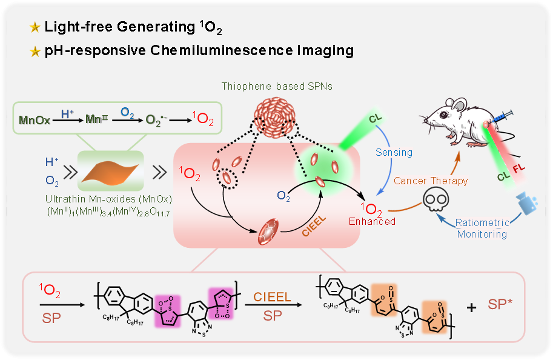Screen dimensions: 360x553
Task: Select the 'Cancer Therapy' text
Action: pyautogui.click(x=431, y=181)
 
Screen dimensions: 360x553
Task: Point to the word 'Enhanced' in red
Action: pyautogui.click(x=372, y=222)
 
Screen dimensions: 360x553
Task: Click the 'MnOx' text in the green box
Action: pyautogui.click(x=35, y=121)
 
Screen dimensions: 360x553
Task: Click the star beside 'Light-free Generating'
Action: pyautogui.click(x=34, y=27)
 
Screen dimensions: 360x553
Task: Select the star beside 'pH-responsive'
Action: pyautogui.click(x=34, y=51)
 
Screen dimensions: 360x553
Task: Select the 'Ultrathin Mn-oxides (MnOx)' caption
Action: pyautogui.click(x=107, y=198)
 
